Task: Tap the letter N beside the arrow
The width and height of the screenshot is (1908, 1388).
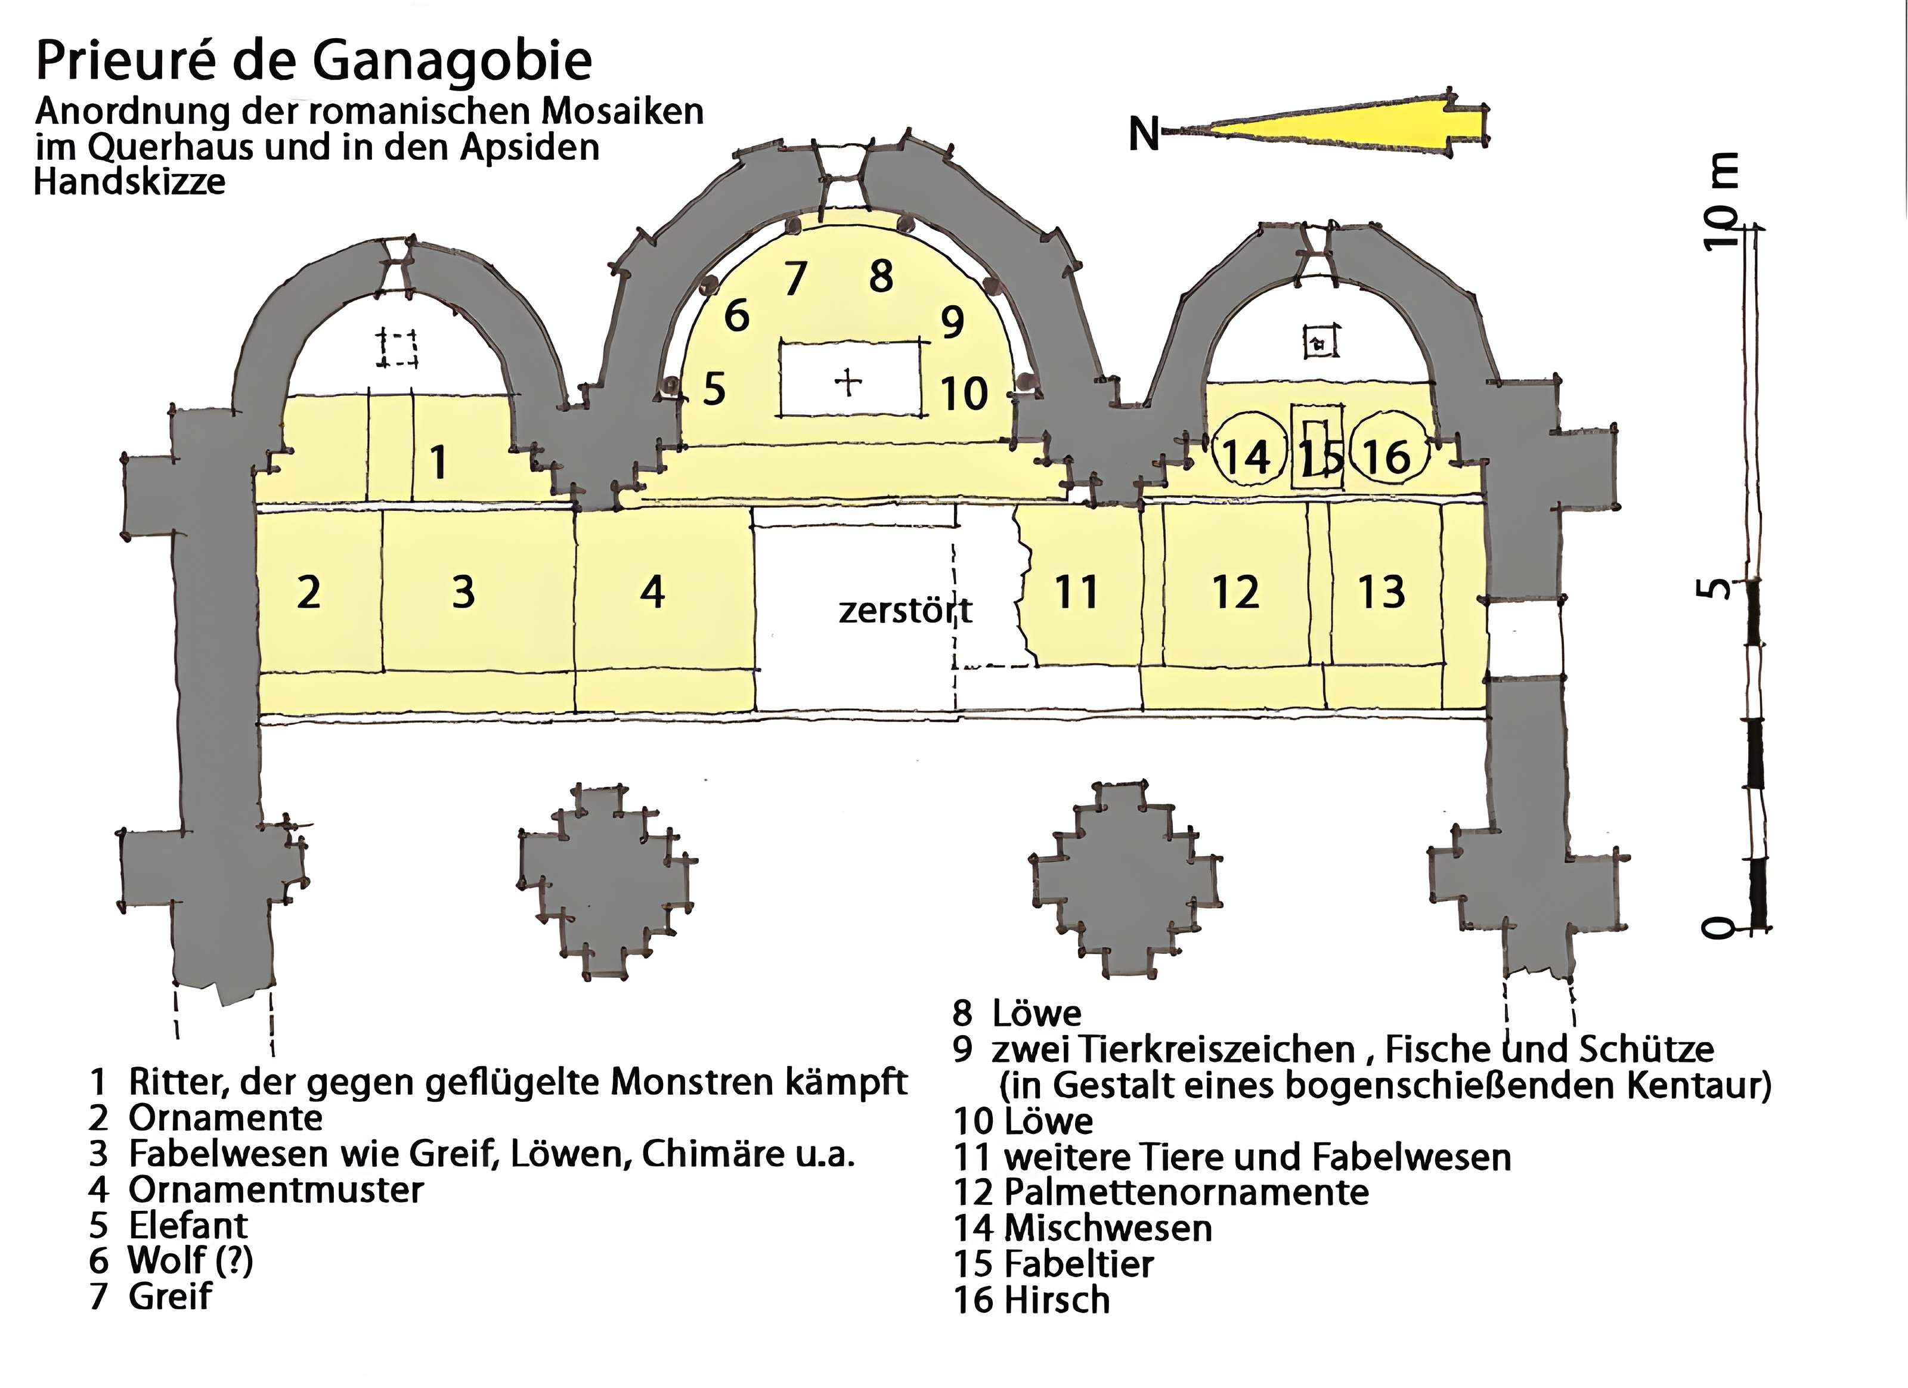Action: coord(1143,134)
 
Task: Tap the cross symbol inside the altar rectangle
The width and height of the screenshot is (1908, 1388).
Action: coord(848,383)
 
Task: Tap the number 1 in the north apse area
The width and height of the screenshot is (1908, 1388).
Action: coord(438,462)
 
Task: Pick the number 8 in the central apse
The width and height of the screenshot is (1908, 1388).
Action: coord(881,276)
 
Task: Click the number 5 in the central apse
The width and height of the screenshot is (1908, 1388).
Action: coord(714,389)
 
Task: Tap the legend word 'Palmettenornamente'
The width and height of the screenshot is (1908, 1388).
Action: coord(1186,1192)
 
